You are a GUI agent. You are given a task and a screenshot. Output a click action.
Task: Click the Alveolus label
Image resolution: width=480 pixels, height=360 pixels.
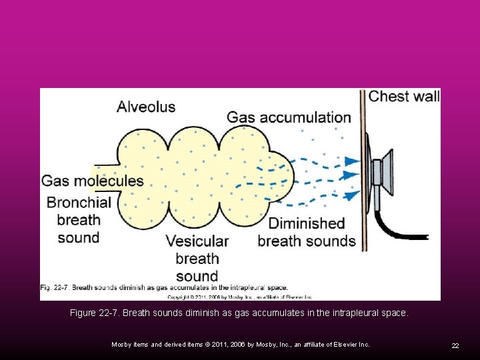click(146, 106)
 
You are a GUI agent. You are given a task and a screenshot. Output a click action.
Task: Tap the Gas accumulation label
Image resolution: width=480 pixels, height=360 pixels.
click(289, 117)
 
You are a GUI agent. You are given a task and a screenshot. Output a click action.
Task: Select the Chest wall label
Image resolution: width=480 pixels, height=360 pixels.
click(404, 96)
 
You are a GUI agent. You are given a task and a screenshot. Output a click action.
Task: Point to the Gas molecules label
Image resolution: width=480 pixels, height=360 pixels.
click(92, 181)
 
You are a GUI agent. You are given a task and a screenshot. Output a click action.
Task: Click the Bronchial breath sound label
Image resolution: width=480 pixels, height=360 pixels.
click(78, 219)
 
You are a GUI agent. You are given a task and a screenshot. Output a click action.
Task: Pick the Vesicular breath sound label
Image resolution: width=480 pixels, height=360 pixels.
click(197, 258)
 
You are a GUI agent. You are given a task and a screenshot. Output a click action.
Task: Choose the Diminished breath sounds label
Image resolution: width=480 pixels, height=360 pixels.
click(307, 232)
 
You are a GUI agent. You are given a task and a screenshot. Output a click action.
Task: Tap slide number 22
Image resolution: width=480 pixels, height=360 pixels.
click(455, 345)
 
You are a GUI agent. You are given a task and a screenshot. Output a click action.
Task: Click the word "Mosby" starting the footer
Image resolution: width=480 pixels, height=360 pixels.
click(121, 344)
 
